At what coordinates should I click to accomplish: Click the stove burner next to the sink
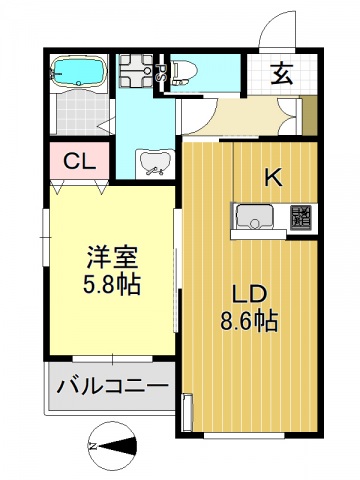click(300, 216)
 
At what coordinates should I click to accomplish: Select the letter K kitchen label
click(272, 178)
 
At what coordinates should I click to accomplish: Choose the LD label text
click(249, 296)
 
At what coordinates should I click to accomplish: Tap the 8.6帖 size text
click(249, 322)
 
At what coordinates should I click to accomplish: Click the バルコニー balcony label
click(110, 386)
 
